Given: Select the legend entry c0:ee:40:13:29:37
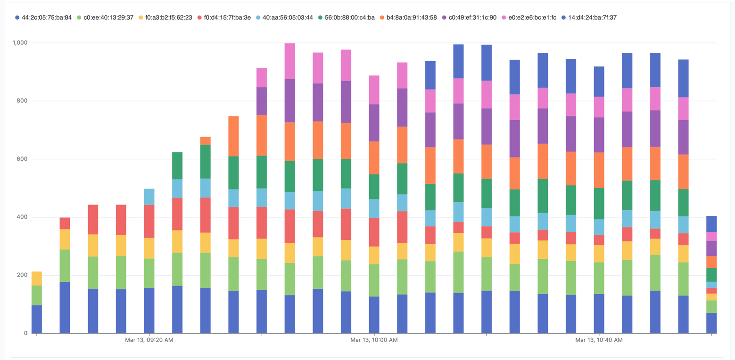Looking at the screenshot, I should click(x=108, y=17).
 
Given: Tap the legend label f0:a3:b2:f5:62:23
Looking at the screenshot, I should click(x=168, y=17).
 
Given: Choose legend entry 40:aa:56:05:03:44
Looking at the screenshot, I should click(x=288, y=17).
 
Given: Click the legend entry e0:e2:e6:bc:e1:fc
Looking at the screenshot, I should click(x=531, y=17).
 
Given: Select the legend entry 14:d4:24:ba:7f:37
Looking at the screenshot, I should click(x=592, y=17).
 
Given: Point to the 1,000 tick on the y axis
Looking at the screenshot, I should click(x=20, y=43).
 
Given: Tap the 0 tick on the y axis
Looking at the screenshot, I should click(x=26, y=334).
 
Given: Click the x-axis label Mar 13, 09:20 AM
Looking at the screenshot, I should click(x=149, y=340).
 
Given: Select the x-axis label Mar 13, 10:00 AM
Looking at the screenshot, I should click(x=374, y=340).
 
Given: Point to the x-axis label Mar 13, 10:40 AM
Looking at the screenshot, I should click(x=599, y=340).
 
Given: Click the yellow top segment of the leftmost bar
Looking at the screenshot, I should click(x=37, y=278).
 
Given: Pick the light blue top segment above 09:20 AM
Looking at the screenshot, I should click(x=149, y=196).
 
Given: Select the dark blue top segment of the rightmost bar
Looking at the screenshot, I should click(x=711, y=224).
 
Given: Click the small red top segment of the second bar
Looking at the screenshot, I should click(x=65, y=223).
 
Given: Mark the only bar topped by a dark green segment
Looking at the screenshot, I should click(x=177, y=165).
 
